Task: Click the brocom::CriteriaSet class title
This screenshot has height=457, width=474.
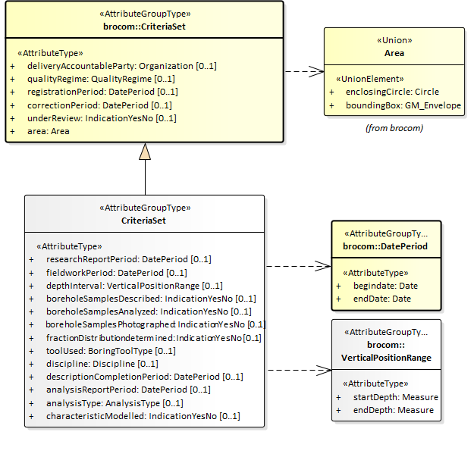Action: tap(145, 26)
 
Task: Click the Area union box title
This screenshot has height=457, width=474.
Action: tap(394, 53)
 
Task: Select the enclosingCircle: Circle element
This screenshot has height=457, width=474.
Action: tap(392, 92)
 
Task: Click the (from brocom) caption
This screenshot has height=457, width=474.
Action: tap(394, 127)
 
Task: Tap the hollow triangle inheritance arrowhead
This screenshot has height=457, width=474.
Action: tap(145, 152)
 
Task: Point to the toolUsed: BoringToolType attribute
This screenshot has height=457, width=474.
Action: tap(110, 351)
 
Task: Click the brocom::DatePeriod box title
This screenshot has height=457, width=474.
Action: tap(385, 246)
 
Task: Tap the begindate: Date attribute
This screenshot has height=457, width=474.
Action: tap(385, 286)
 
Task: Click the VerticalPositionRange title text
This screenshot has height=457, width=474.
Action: tap(386, 358)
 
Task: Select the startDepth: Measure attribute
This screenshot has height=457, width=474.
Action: tap(395, 397)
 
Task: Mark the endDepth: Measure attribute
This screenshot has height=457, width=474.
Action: tap(393, 410)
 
